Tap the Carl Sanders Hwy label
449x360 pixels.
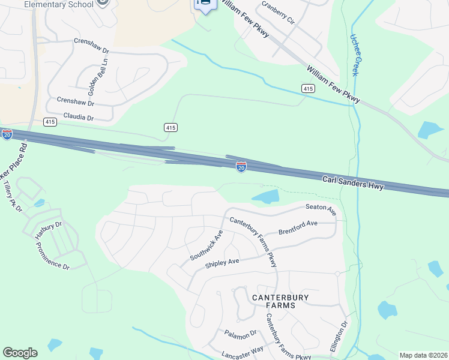point(353,182)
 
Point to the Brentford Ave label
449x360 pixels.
point(298,227)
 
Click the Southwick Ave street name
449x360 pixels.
point(206,245)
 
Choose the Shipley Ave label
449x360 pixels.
point(222,262)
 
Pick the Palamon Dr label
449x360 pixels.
point(241,333)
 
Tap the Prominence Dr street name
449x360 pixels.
point(52,256)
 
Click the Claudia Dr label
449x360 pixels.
point(79,118)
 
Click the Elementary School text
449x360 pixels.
point(59,4)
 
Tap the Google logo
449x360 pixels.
point(20,353)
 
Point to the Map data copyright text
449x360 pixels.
point(423,355)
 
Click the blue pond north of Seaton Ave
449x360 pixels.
point(266,196)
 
